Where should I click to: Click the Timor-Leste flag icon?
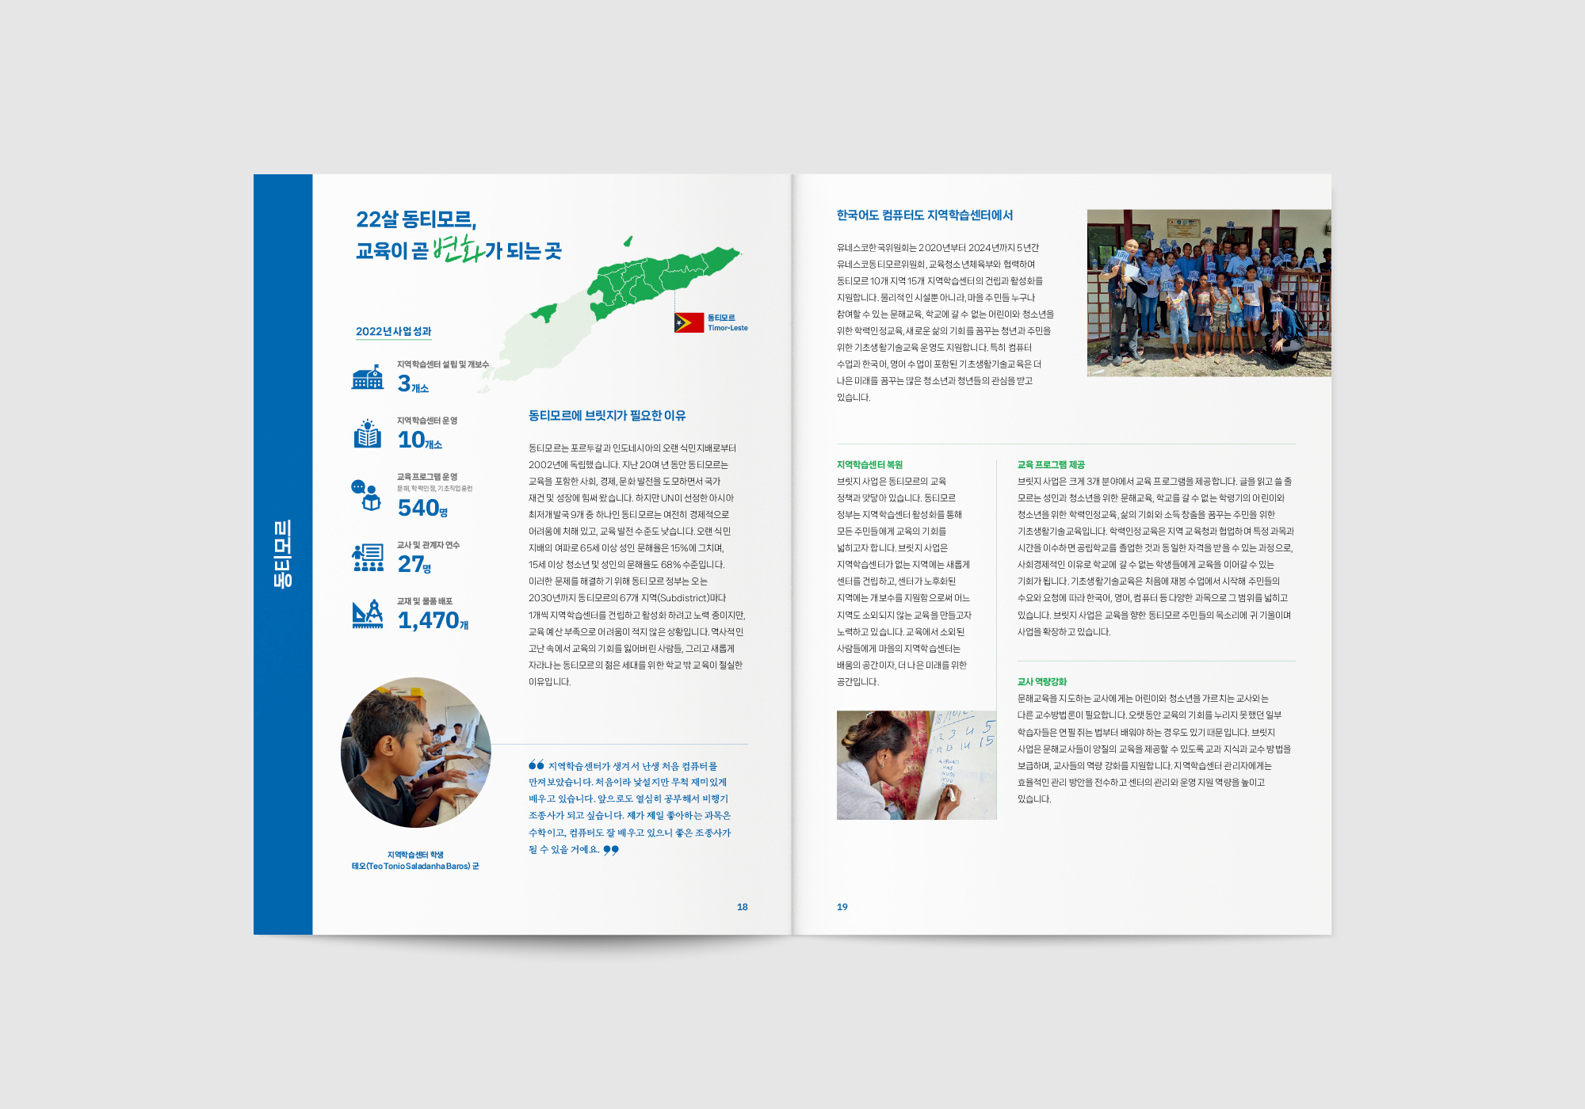tap(689, 322)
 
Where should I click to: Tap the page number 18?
tap(742, 907)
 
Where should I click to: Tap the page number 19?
tap(842, 907)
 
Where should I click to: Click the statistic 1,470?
tap(429, 620)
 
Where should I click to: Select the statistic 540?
tap(418, 508)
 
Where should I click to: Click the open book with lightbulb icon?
tap(367, 433)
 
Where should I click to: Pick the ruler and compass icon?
tap(368, 614)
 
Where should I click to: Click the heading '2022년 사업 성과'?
tap(393, 331)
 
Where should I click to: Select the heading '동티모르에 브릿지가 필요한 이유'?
tap(607, 416)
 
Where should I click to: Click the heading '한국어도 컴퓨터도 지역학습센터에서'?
tap(924, 215)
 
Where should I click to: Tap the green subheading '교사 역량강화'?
tap(1041, 682)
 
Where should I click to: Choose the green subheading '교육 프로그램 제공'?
tap(1051, 465)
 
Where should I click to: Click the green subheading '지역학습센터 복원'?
tap(869, 465)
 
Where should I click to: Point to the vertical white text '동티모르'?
tap(283, 554)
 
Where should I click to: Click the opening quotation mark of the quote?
tap(537, 765)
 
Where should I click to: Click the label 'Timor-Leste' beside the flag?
tap(728, 328)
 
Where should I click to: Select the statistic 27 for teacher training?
tap(411, 564)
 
